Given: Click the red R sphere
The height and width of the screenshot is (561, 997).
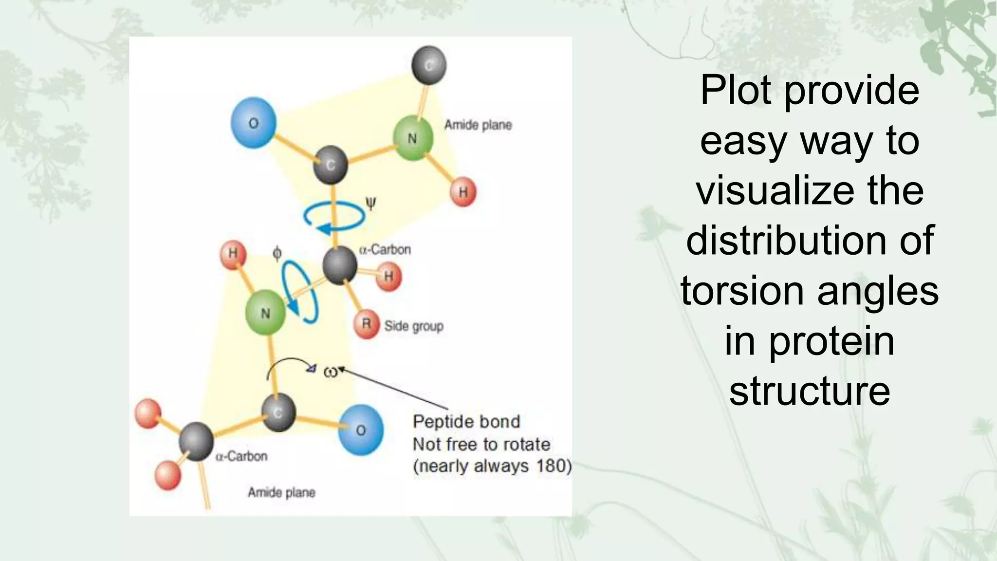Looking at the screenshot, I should [x=367, y=324].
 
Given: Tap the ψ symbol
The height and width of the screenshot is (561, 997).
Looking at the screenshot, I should [x=370, y=203].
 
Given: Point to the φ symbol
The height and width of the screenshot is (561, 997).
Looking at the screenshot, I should [x=277, y=253].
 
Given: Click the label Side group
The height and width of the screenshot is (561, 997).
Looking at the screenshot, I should [x=414, y=326].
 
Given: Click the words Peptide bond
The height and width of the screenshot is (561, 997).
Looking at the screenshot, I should [x=466, y=421].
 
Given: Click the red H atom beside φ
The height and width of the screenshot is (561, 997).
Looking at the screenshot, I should [x=233, y=254].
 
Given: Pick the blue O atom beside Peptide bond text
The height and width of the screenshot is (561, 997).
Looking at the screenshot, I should [x=360, y=430].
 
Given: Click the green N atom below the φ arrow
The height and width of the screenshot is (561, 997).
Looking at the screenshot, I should [x=265, y=313].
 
